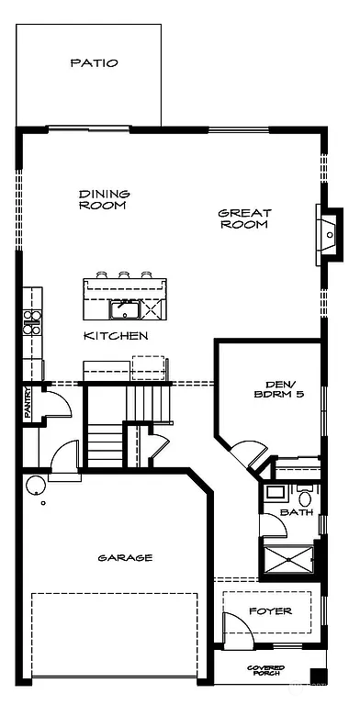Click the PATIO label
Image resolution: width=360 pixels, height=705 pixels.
pyautogui.click(x=94, y=63)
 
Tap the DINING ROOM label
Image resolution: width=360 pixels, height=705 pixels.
pyautogui.click(x=103, y=199)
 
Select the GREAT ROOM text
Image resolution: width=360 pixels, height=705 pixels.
pyautogui.click(x=243, y=218)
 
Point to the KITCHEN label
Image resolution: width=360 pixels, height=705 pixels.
pyautogui.click(x=116, y=336)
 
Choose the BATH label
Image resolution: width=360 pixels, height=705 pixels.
pyautogui.click(x=296, y=511)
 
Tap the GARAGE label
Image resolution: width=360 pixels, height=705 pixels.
pyautogui.click(x=126, y=557)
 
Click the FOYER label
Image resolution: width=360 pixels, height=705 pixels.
pyautogui.click(x=270, y=610)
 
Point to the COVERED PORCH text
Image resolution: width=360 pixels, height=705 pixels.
pyautogui.click(x=265, y=671)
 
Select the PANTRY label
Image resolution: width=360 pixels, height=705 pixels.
pyautogui.click(x=28, y=403)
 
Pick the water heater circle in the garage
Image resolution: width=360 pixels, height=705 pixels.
pyautogui.click(x=34, y=486)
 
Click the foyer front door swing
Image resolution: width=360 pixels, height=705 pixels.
pyautogui.click(x=238, y=633)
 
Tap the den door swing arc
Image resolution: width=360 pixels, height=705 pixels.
pyautogui.click(x=246, y=455)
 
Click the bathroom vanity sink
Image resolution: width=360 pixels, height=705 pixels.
pyautogui.click(x=275, y=492)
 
